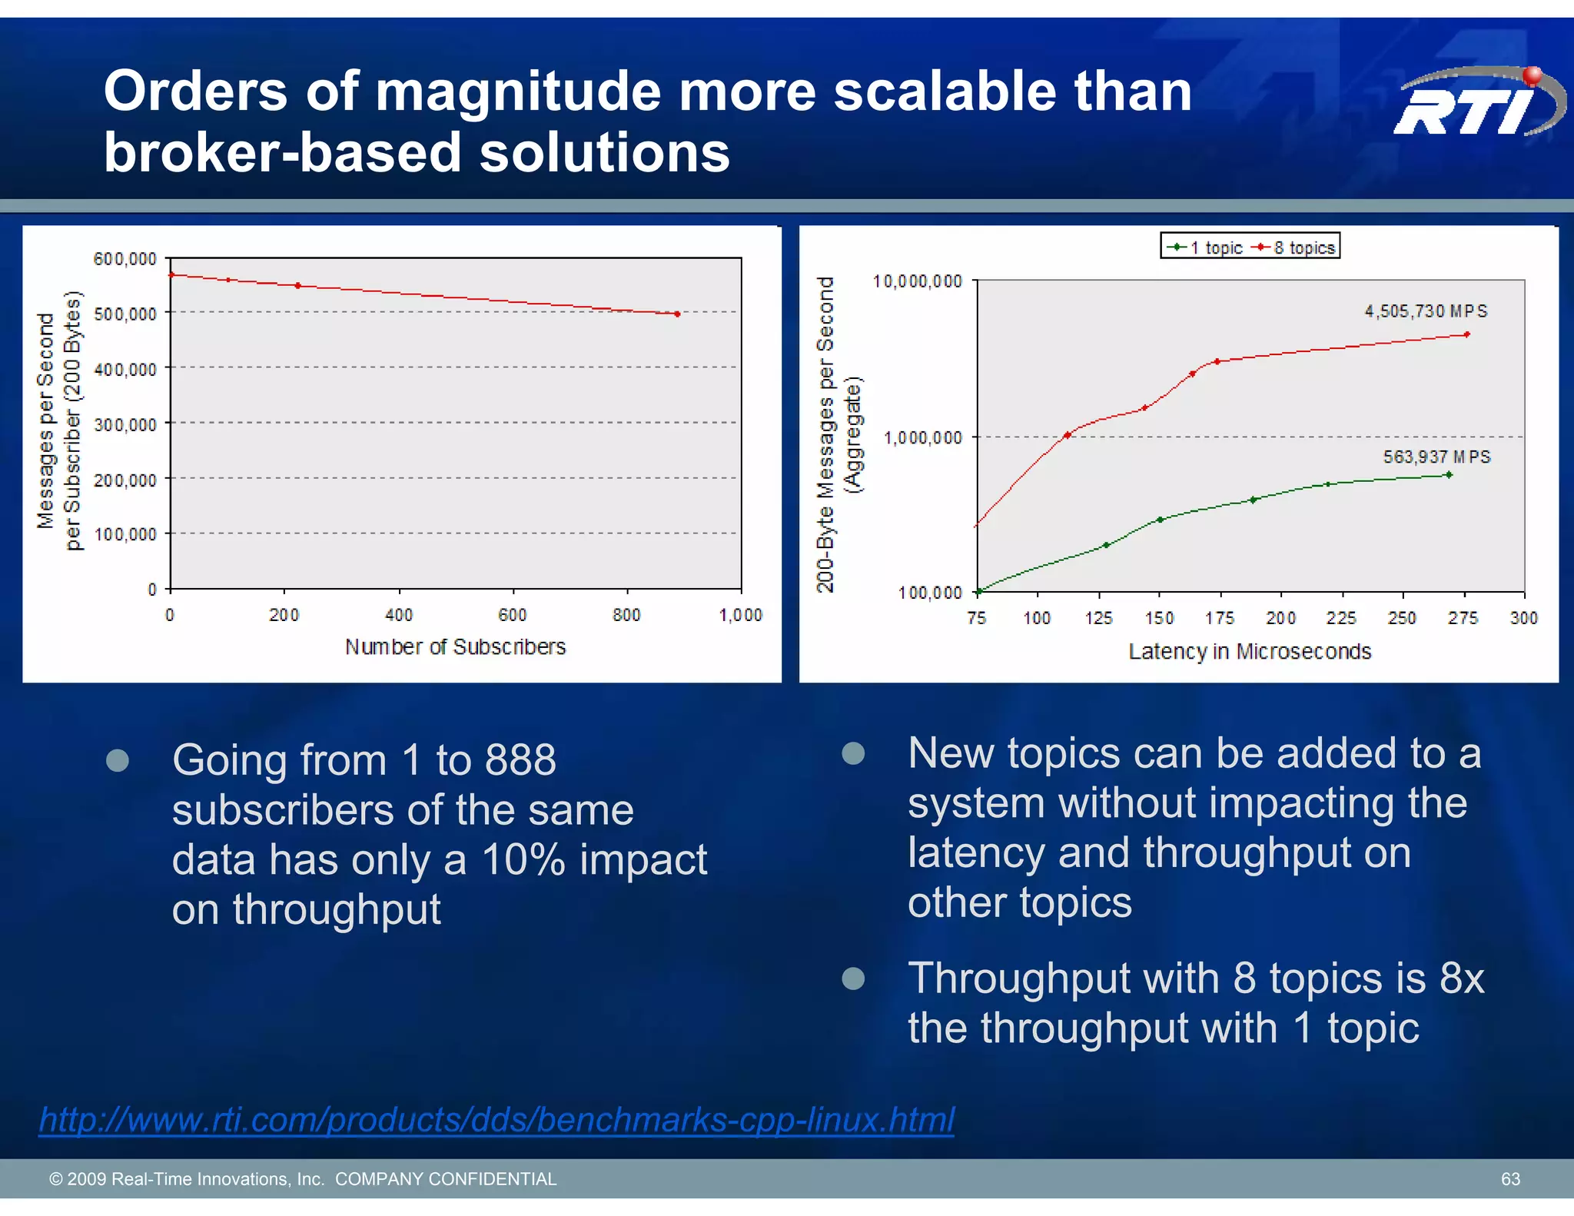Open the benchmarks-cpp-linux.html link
click(496, 1119)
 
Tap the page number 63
click(1510, 1178)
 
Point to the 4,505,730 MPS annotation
click(1426, 311)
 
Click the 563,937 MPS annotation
click(1436, 457)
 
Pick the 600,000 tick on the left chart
click(125, 259)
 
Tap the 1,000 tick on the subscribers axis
click(740, 615)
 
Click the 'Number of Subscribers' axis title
click(455, 647)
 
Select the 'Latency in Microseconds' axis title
click(1250, 652)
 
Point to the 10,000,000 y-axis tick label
click(918, 281)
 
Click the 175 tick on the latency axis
click(1220, 618)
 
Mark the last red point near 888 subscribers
click(677, 314)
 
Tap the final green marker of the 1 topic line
click(1449, 475)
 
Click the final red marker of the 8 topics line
click(1467, 334)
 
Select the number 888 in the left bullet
click(520, 760)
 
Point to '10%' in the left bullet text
click(523, 859)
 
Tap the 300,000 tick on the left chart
click(125, 424)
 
